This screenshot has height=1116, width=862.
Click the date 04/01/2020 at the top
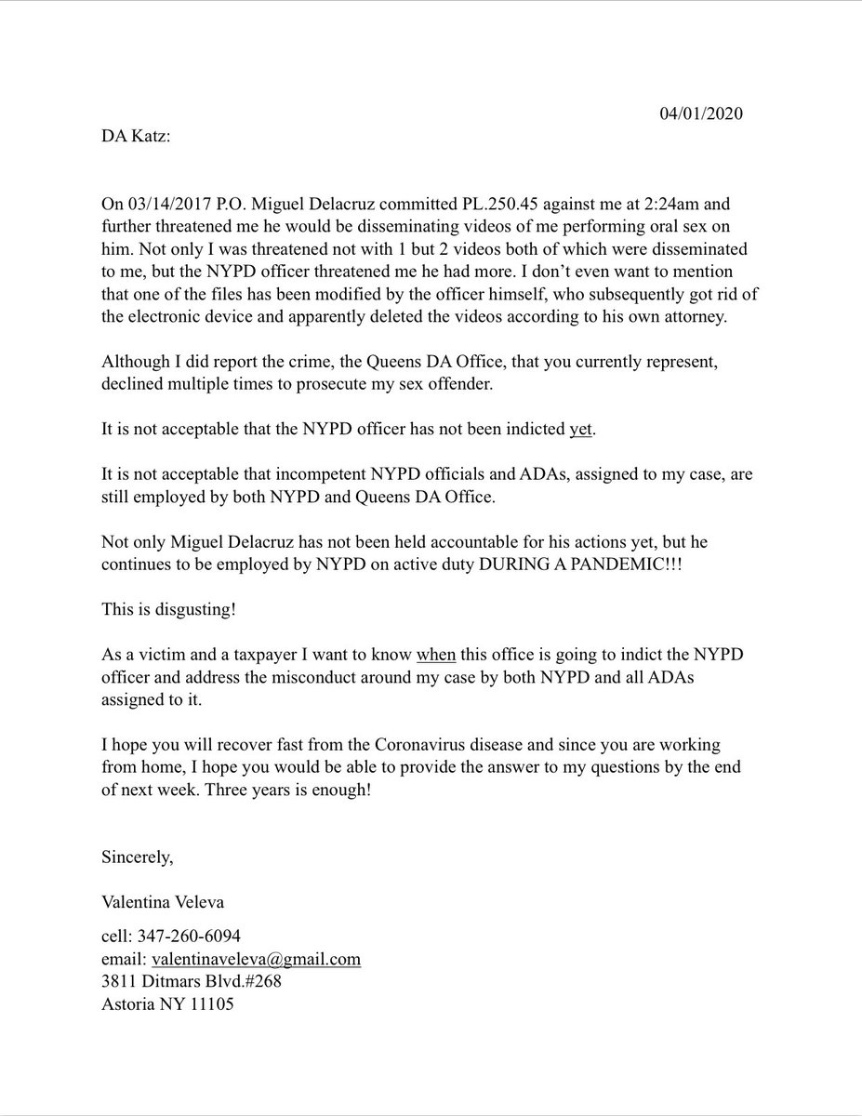(701, 114)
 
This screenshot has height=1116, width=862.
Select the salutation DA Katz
(137, 137)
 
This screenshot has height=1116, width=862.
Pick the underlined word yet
(581, 431)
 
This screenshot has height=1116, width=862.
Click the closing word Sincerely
(138, 857)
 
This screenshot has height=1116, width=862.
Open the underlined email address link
(256, 959)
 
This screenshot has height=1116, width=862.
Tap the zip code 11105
(213, 1005)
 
